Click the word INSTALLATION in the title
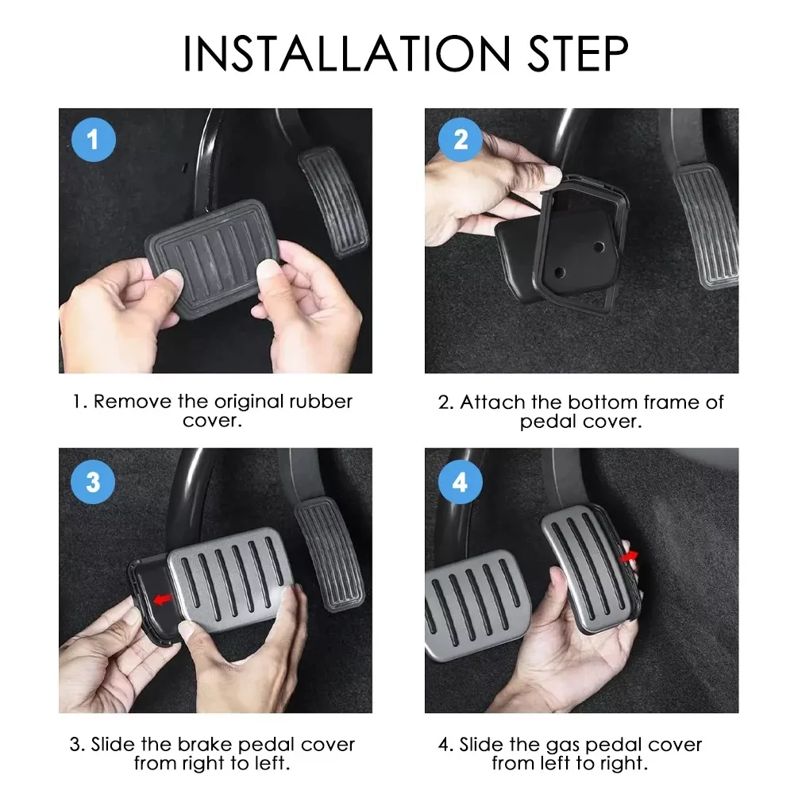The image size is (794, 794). pyautogui.click(x=346, y=53)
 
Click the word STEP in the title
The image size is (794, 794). pyautogui.click(x=578, y=53)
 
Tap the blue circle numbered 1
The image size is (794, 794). pyautogui.click(x=93, y=140)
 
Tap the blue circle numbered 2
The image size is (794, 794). pyautogui.click(x=460, y=140)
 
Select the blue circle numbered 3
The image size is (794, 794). pyautogui.click(x=93, y=482)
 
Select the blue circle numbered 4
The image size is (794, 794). pyautogui.click(x=460, y=482)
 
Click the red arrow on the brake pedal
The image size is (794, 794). pyautogui.click(x=163, y=600)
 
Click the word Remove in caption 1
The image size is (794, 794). pyautogui.click(x=133, y=402)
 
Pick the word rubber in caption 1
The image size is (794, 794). pyautogui.click(x=321, y=402)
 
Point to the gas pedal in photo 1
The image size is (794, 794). pyautogui.click(x=333, y=201)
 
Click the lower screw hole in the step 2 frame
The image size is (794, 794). pyautogui.click(x=560, y=272)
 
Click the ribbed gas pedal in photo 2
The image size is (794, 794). pyautogui.click(x=705, y=225)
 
